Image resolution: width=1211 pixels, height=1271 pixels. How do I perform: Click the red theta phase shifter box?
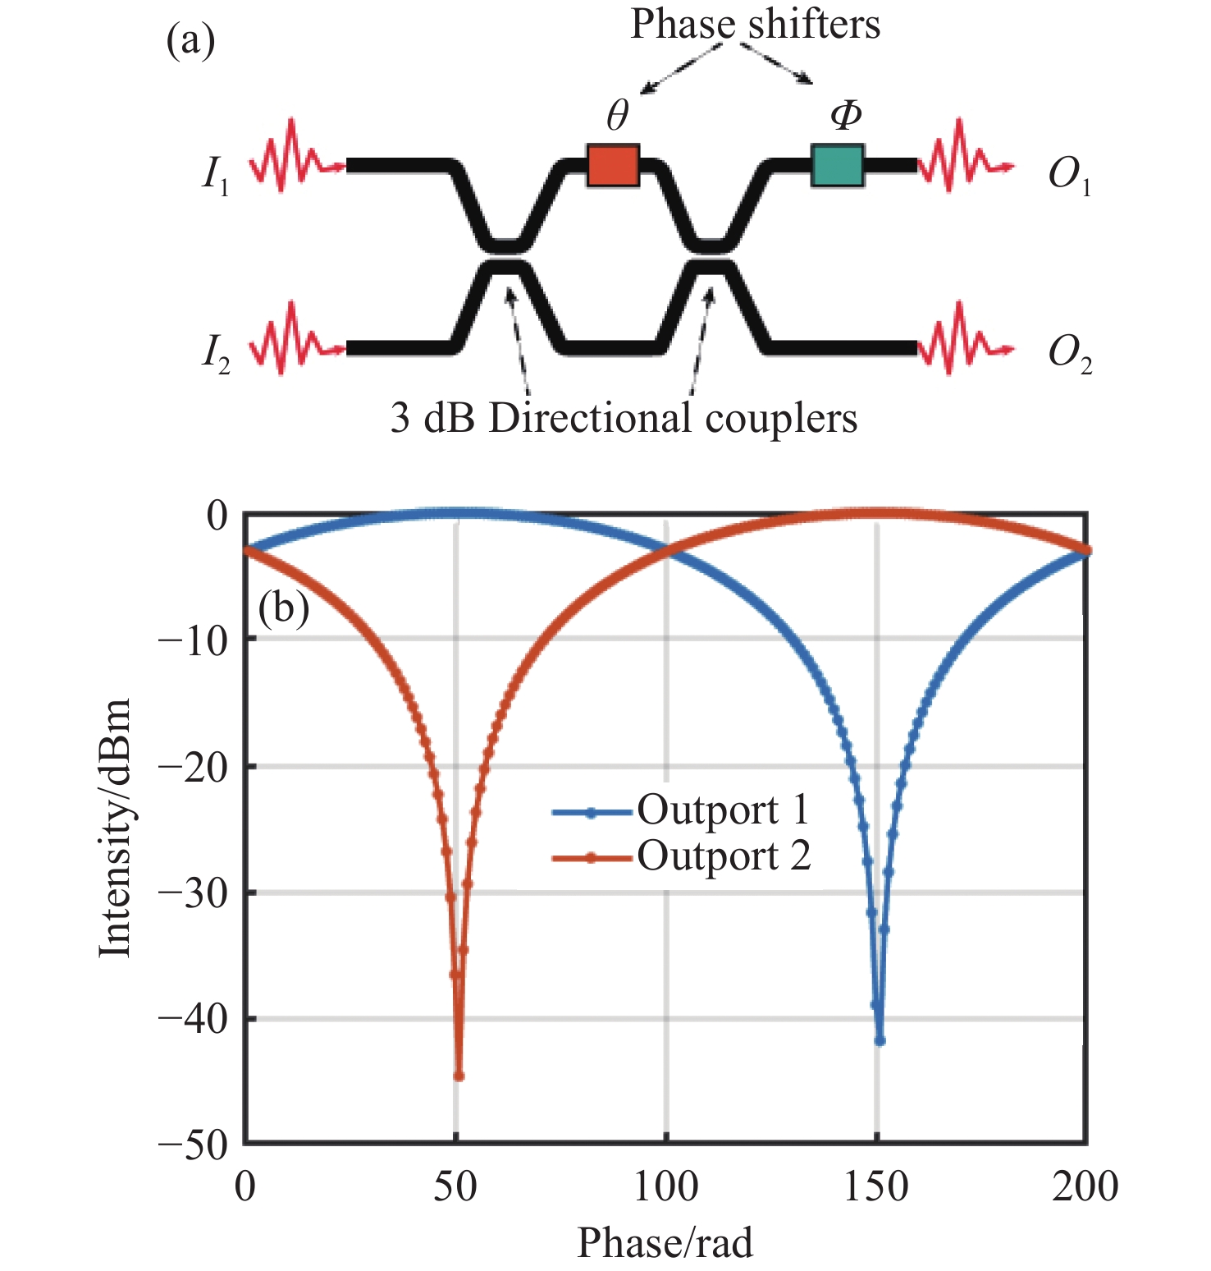(613, 165)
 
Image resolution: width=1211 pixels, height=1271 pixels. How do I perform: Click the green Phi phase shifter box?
(837, 165)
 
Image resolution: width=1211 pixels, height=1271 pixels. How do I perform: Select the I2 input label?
(216, 354)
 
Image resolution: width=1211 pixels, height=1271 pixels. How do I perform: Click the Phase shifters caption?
(755, 25)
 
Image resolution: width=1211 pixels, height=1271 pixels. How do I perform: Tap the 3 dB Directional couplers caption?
(624, 419)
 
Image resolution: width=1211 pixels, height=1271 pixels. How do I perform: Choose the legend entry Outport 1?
(722, 811)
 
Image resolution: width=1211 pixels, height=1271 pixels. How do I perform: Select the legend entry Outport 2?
(723, 856)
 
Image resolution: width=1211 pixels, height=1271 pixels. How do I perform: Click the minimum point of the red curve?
(459, 1076)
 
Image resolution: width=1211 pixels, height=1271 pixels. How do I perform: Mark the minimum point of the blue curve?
(880, 1040)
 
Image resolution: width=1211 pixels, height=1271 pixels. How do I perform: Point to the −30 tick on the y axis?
(192, 892)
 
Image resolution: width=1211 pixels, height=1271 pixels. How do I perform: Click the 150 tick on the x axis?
(876, 1187)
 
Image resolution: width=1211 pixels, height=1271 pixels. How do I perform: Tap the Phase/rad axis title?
(665, 1243)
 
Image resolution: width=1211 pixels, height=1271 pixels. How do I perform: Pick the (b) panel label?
(283, 608)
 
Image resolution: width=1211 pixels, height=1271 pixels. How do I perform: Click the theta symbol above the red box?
(617, 117)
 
